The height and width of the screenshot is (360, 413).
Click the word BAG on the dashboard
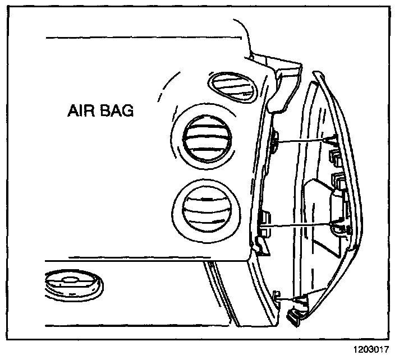(x=117, y=111)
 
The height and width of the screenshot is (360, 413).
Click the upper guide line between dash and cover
(x=303, y=140)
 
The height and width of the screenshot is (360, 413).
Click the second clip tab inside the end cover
(x=340, y=179)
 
